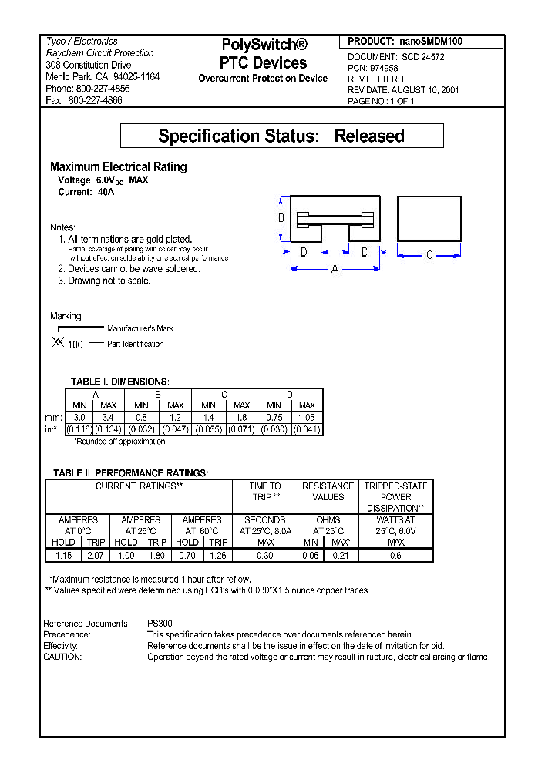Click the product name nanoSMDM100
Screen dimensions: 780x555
[431, 42]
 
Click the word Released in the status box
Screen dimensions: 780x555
[369, 136]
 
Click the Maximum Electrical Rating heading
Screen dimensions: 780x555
[118, 167]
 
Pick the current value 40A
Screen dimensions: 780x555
[106, 192]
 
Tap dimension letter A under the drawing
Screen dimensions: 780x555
[335, 269]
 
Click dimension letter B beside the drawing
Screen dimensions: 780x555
[281, 218]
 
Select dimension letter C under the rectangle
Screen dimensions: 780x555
[429, 255]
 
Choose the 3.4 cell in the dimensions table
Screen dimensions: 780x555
[109, 417]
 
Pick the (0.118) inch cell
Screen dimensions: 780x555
[79, 429]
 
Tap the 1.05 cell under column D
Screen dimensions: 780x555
[307, 417]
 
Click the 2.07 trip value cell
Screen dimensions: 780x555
[96, 555]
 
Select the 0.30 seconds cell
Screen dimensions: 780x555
[264, 555]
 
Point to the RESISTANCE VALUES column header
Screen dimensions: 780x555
[328, 492]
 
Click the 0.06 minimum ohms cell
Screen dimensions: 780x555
[311, 555]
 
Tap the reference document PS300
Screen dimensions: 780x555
[160, 624]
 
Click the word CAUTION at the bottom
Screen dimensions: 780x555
[62, 657]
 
